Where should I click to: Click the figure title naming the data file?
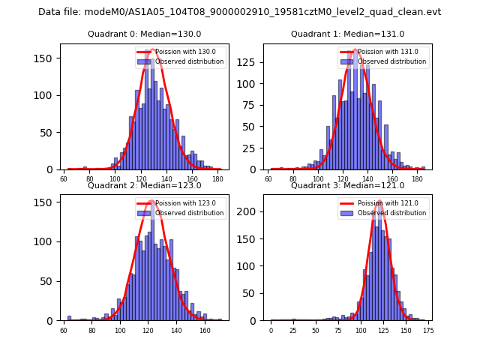click(x=240, y=12)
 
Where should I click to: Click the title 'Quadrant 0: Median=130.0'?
click(x=145, y=34)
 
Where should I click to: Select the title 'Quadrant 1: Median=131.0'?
click(x=347, y=34)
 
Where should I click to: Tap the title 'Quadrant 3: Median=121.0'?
click(x=347, y=185)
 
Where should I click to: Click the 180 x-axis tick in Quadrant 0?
click(x=217, y=179)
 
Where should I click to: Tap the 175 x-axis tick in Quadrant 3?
click(x=428, y=330)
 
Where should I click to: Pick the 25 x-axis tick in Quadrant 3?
click(x=293, y=330)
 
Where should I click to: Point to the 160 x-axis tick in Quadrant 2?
click(x=205, y=330)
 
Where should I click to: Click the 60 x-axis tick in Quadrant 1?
click(x=268, y=179)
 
